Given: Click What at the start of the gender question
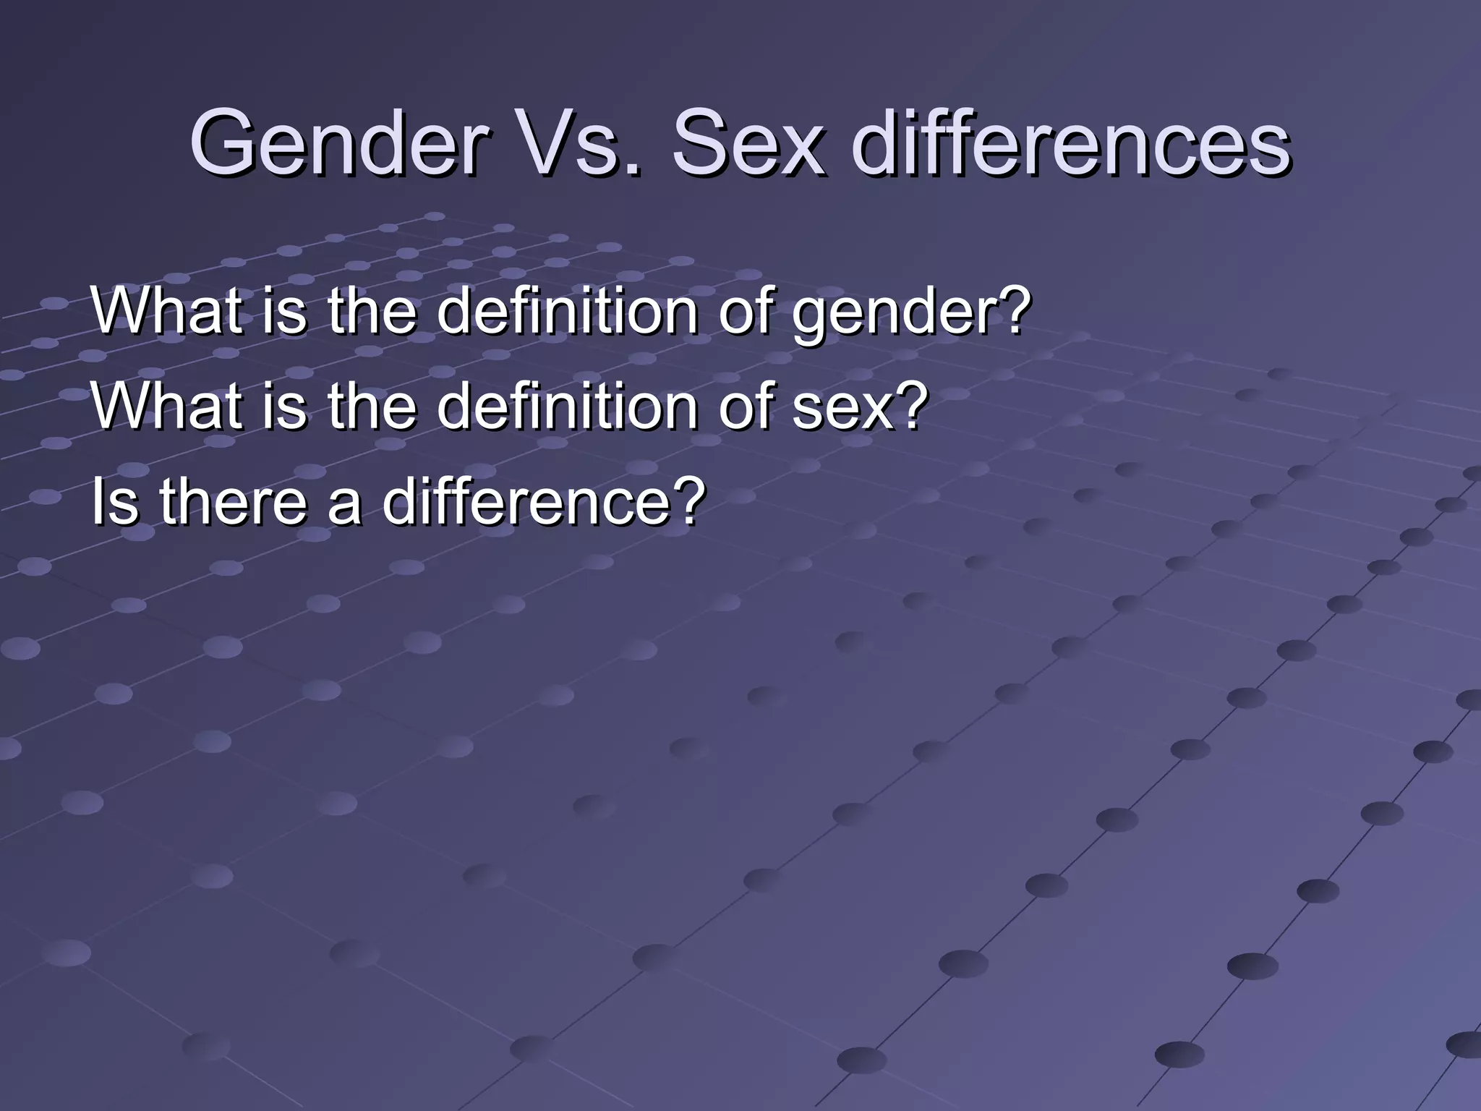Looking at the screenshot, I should [167, 311].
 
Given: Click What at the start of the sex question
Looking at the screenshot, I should [167, 406].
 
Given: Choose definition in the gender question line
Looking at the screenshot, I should [568, 311].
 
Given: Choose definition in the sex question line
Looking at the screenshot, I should [568, 406].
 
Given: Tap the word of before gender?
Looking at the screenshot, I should [745, 311].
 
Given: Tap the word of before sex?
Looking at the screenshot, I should [745, 406].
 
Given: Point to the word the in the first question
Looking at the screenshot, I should [372, 311].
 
